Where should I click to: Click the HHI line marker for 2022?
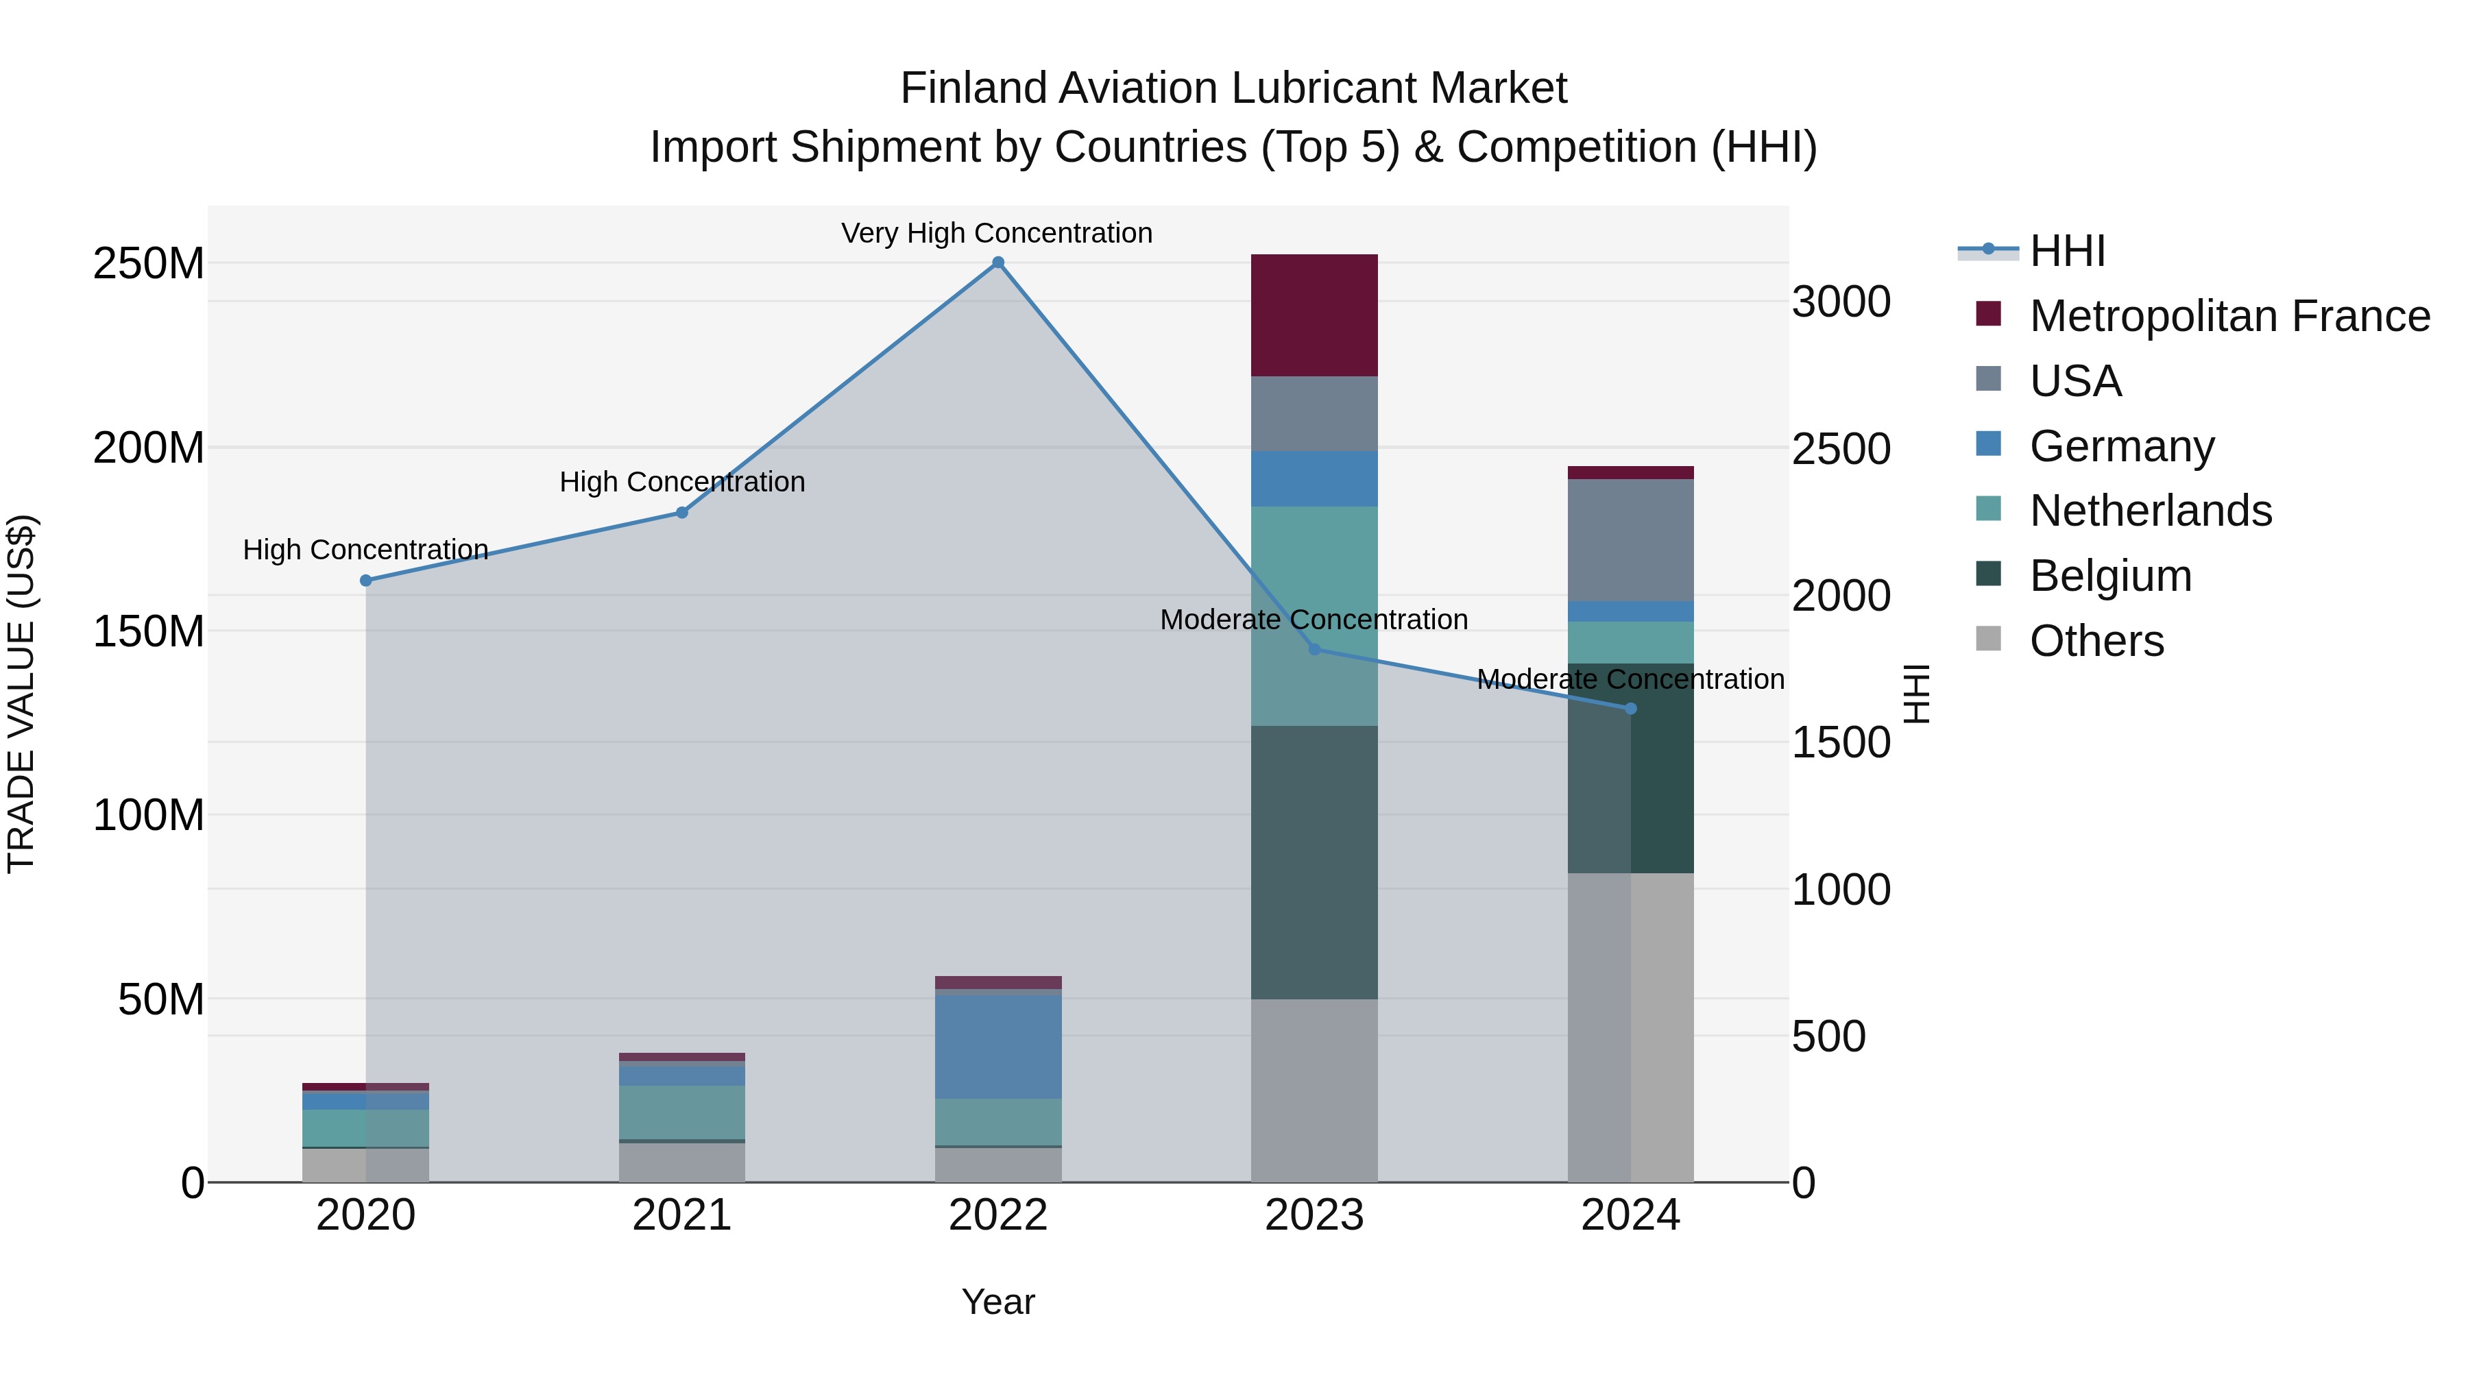pos(997,263)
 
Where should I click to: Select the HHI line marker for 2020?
pos(366,581)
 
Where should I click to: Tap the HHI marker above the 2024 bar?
pos(1631,709)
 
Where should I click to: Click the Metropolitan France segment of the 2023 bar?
pos(1314,315)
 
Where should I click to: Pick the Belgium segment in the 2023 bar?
pos(1314,862)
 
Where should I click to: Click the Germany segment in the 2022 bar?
pos(997,1046)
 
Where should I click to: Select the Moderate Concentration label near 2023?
pos(1314,620)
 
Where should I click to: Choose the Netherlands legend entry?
pos(2150,511)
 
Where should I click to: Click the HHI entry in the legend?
pos(2066,251)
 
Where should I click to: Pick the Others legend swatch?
pos(1988,639)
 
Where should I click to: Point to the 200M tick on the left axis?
pos(149,448)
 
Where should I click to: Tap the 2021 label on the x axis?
pos(681,1215)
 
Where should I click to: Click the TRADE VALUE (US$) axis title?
pos(21,694)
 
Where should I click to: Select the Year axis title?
pos(997,1302)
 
